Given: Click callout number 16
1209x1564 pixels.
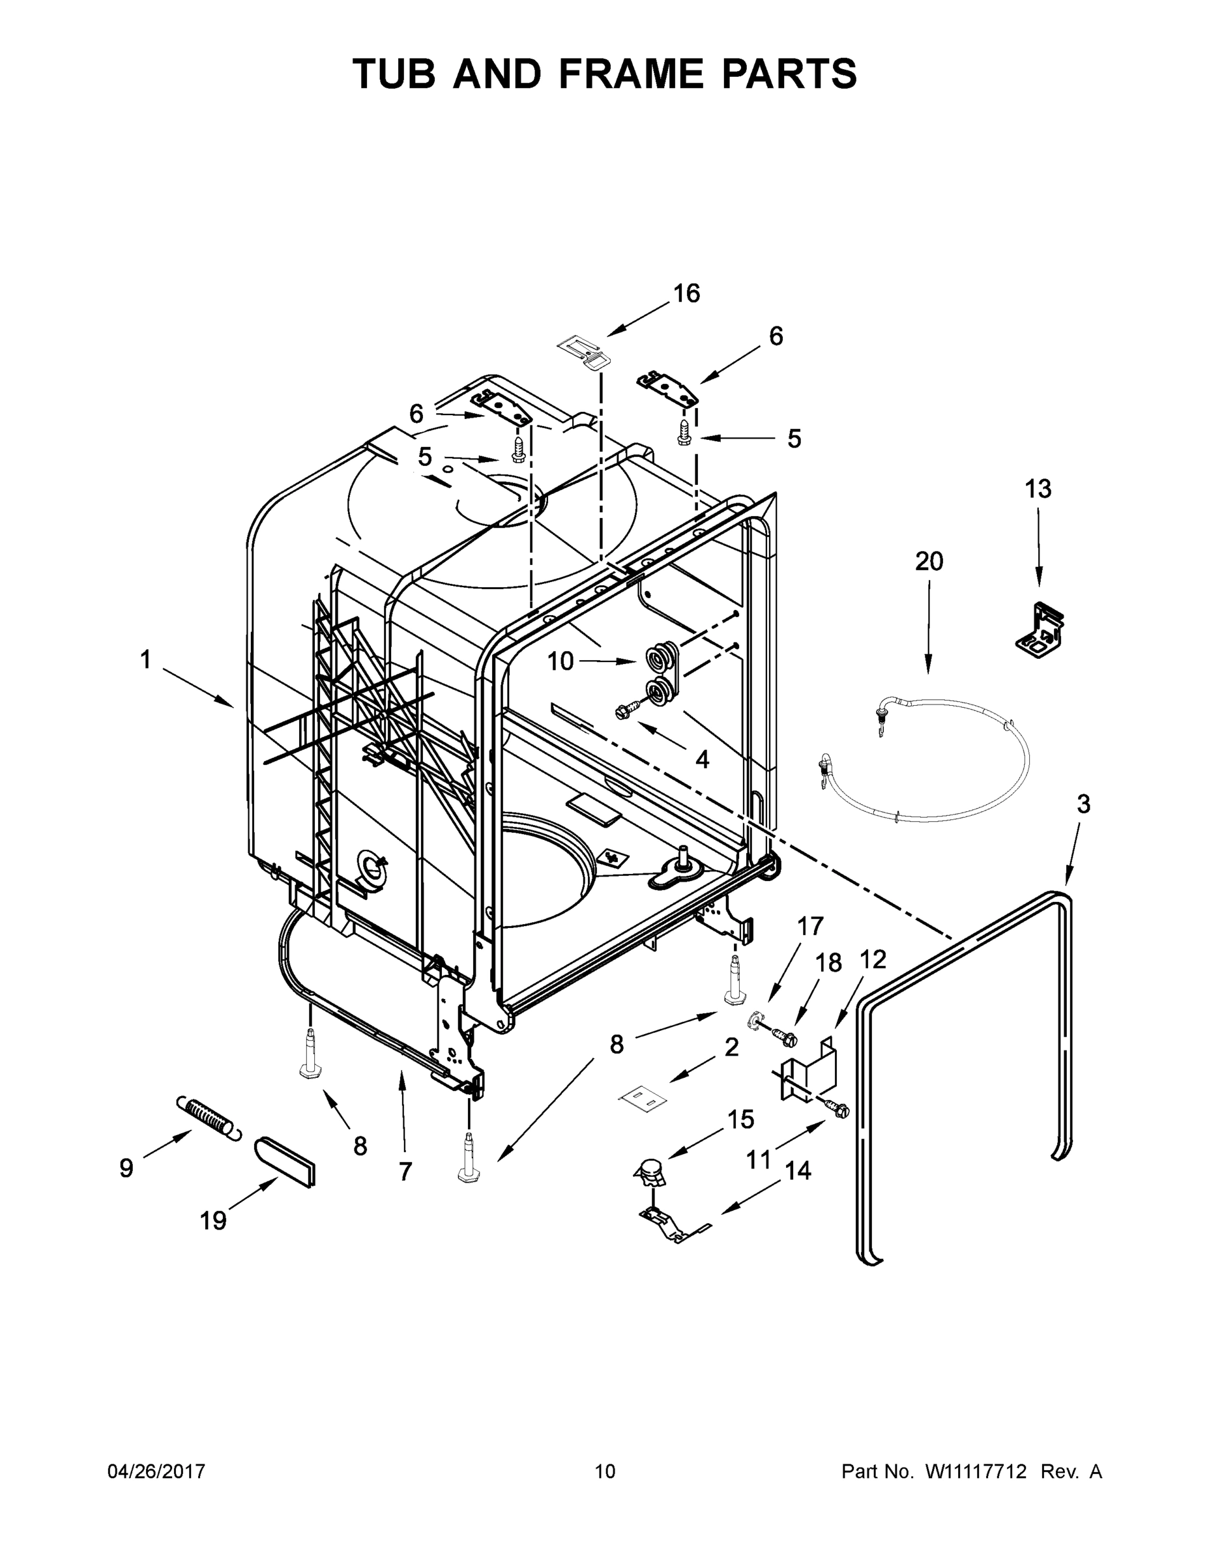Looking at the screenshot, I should (x=686, y=294).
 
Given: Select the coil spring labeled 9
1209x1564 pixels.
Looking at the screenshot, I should (x=209, y=1117).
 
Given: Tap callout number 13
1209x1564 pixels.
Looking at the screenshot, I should (x=1038, y=489).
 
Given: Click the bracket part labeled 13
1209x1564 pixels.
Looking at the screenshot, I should (x=1040, y=630).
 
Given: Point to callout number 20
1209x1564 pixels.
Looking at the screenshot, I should (x=929, y=562).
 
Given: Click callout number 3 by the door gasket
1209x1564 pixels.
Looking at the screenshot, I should (x=1083, y=804).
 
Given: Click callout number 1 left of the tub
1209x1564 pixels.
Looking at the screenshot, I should (x=145, y=659).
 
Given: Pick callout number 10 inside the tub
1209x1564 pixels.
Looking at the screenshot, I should (x=560, y=661).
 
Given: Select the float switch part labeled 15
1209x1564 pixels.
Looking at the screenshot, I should (x=650, y=1172).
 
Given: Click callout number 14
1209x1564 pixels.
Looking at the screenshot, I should (x=798, y=1171).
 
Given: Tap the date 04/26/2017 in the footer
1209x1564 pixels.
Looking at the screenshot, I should (x=156, y=1471).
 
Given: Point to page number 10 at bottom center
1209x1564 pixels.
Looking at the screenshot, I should (x=605, y=1471).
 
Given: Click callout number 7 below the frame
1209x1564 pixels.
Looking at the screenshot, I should (x=405, y=1172).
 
